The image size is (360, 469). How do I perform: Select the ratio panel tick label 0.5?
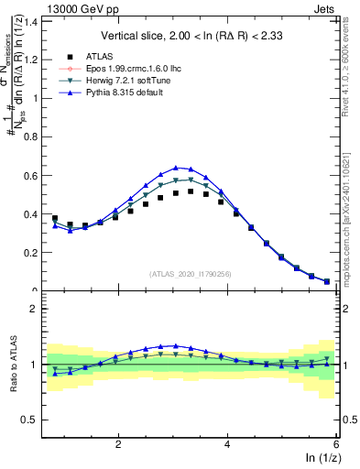click(29, 420)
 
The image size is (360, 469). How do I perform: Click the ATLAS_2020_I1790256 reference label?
click(190, 274)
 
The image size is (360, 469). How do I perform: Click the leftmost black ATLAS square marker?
click(55, 219)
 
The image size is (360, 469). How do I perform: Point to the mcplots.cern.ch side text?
click(352, 220)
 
